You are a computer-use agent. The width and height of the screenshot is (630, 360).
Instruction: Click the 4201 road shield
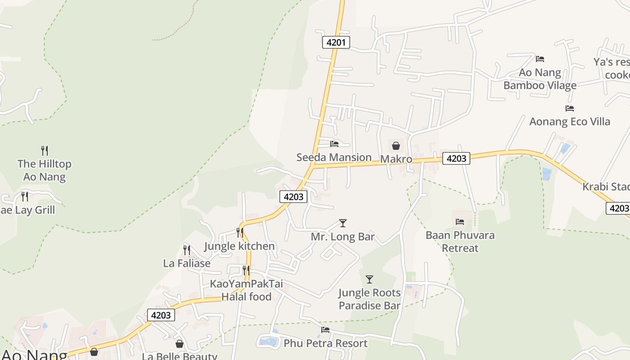pyautogui.click(x=336, y=43)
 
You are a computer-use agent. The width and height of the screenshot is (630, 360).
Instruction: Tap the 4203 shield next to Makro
pyautogui.click(x=456, y=158)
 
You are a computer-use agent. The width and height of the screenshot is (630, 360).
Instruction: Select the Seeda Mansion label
pyautogui.click(x=334, y=157)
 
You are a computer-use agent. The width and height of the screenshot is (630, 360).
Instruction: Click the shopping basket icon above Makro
pyautogui.click(x=396, y=146)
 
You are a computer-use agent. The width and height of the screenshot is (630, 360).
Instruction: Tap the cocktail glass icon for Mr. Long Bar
pyautogui.click(x=343, y=223)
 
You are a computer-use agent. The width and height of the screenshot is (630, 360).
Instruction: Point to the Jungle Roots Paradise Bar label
pyautogui.click(x=369, y=299)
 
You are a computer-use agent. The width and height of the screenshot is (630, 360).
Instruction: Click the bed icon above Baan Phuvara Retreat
pyautogui.click(x=460, y=221)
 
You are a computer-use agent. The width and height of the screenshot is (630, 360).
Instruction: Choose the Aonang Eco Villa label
pyautogui.click(x=570, y=121)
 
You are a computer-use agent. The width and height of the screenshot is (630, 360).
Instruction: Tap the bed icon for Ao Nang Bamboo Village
pyautogui.click(x=540, y=58)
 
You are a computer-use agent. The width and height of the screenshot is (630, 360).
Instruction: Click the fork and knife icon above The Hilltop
pyautogui.click(x=45, y=150)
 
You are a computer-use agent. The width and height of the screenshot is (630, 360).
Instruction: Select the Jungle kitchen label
pyautogui.click(x=239, y=246)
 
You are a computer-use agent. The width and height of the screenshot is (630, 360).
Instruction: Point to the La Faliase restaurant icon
pyautogui.click(x=186, y=250)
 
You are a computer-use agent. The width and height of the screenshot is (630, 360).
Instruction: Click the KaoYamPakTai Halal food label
pyautogui.click(x=246, y=290)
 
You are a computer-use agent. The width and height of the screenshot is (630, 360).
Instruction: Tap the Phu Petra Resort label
pyautogui.click(x=325, y=343)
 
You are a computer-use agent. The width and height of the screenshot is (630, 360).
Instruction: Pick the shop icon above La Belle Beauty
pyautogui.click(x=180, y=344)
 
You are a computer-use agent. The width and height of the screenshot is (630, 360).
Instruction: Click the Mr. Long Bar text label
pyautogui.click(x=343, y=237)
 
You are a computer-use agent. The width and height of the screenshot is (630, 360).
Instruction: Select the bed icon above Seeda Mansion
pyautogui.click(x=334, y=144)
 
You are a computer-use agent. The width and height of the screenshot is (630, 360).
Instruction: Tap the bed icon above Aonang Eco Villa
pyautogui.click(x=570, y=108)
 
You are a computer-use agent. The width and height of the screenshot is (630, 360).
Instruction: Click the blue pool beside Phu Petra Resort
pyautogui.click(x=269, y=341)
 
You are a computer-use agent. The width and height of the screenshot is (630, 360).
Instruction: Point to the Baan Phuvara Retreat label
pyautogui.click(x=460, y=242)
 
